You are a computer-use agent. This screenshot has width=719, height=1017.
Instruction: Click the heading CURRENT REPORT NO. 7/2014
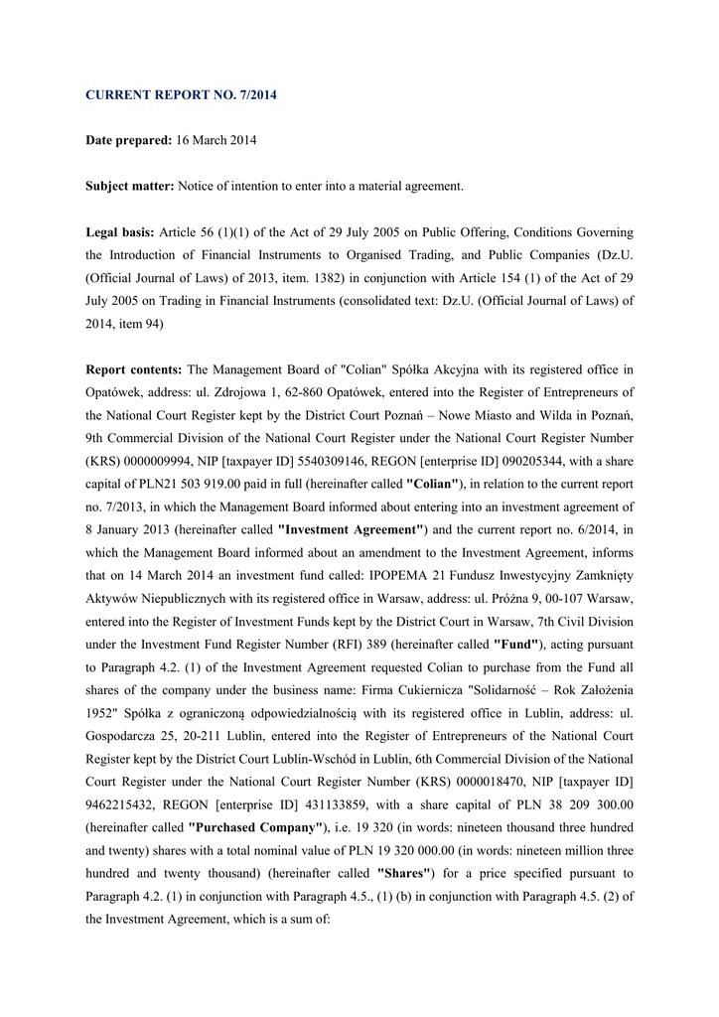[182, 95]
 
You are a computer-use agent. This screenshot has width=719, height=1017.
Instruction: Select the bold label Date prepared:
[129, 140]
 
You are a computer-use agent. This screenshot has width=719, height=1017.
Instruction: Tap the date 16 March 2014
[216, 140]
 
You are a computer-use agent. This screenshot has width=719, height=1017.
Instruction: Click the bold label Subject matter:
[130, 186]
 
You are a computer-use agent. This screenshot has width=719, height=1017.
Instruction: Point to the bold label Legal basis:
[120, 231]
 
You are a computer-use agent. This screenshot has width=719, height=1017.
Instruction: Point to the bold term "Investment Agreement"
[352, 529]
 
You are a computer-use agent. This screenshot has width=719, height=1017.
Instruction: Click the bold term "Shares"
[403, 873]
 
